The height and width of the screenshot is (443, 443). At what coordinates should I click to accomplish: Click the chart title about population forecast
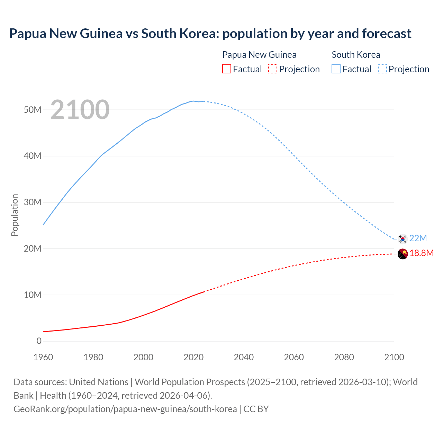click(x=210, y=34)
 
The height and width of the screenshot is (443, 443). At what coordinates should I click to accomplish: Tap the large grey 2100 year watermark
click(x=80, y=110)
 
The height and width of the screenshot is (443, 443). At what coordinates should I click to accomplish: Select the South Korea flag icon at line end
click(x=403, y=238)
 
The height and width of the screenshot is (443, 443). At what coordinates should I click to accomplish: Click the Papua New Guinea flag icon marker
click(x=403, y=254)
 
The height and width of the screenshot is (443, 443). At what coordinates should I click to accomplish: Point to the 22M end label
click(x=418, y=238)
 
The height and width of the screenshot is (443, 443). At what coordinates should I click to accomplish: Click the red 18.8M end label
click(x=422, y=253)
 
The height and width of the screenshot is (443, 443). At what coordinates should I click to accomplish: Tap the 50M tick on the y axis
click(x=33, y=110)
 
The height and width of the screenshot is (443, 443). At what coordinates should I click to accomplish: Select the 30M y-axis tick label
click(x=33, y=202)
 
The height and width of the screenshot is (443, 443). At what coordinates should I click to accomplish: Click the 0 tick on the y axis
click(x=39, y=341)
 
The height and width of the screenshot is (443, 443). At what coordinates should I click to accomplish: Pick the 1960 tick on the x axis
click(x=43, y=357)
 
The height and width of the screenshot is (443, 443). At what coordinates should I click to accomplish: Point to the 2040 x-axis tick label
click(x=244, y=357)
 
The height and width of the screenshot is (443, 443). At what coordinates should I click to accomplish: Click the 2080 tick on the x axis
click(x=344, y=357)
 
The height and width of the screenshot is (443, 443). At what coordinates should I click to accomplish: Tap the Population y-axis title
click(x=15, y=215)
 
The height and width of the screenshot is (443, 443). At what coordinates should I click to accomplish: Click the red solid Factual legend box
click(x=226, y=69)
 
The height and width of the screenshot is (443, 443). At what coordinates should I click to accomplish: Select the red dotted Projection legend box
click(x=273, y=69)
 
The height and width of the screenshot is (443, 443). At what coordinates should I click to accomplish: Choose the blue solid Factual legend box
click(x=336, y=69)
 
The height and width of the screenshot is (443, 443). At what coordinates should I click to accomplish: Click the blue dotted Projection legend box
click(x=382, y=69)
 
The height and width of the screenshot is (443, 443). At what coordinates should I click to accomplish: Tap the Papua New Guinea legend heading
click(x=259, y=55)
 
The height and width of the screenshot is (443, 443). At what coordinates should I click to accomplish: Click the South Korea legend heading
click(x=356, y=55)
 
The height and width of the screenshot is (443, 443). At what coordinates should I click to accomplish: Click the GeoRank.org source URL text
click(x=125, y=409)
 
